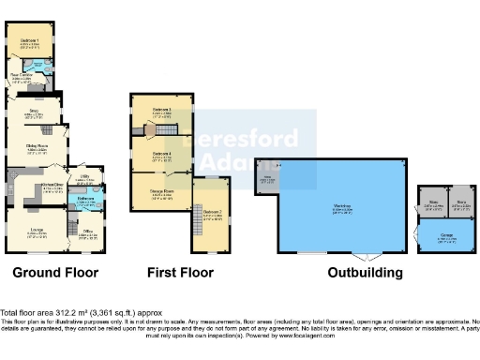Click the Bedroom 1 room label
click(x=30, y=41)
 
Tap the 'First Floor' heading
click(x=179, y=273)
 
